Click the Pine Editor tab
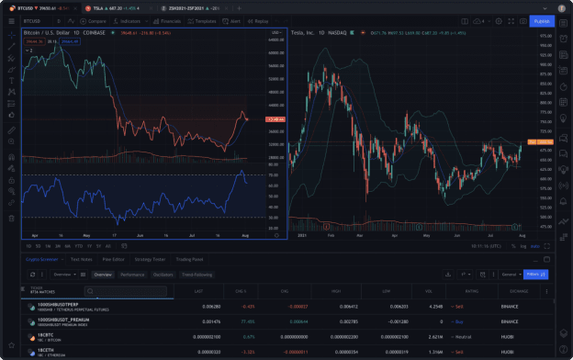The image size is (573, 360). (x=114, y=259)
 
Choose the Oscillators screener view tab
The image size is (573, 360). (x=163, y=274)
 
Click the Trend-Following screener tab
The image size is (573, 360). (x=197, y=274)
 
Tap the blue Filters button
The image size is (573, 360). (x=535, y=274)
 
